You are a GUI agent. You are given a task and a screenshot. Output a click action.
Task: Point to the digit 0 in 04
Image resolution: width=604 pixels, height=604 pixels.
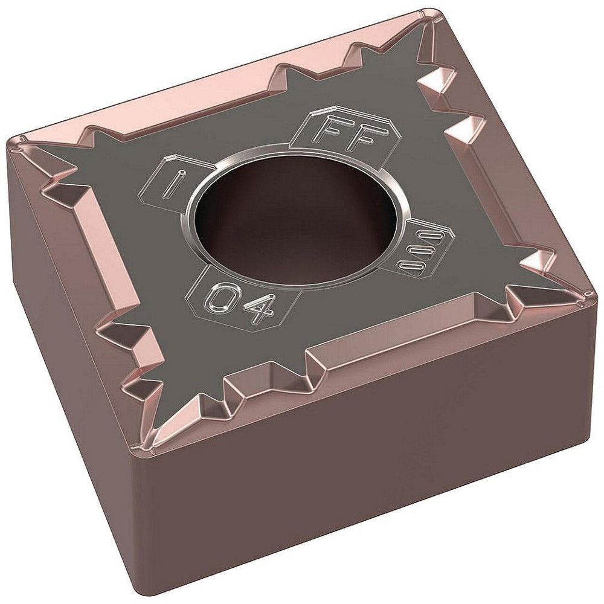coord(220,297)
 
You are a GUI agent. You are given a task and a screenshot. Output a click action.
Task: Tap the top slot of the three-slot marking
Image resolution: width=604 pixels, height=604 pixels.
coord(417,234)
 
